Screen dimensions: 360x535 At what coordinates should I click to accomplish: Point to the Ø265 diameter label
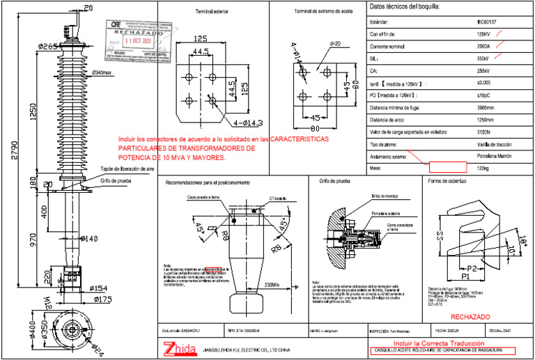pyautogui.click(x=48, y=47)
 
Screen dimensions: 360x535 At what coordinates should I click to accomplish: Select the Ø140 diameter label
pyautogui.click(x=89, y=239)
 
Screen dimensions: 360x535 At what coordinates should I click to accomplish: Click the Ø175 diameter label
pyautogui.click(x=102, y=299)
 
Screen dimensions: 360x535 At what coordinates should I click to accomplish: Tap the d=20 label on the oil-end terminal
pyautogui.click(x=334, y=44)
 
